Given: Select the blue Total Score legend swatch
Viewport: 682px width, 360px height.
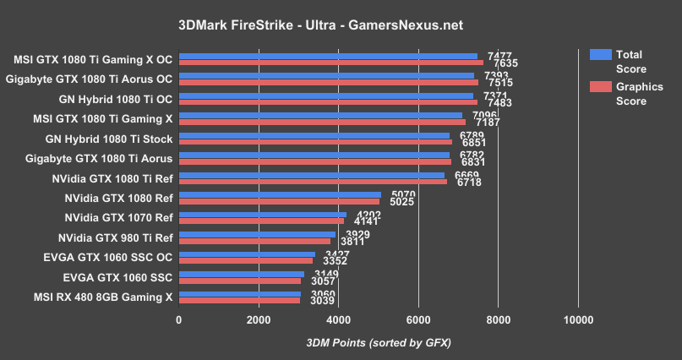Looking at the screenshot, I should coord(601,55).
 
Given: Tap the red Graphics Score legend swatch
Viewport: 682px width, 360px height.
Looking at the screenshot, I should coord(601,87).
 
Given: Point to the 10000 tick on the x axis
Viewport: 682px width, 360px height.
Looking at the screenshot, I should coord(578,319).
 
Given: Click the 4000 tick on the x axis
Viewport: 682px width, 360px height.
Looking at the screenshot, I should coord(338,319).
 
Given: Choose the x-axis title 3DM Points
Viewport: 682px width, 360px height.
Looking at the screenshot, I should coord(379,342).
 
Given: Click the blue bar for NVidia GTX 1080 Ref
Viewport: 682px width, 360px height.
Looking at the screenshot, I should coord(280,194).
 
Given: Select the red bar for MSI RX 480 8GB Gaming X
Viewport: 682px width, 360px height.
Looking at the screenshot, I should coord(239,300).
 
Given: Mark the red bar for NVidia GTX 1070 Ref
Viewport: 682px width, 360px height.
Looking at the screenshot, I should coord(261,221).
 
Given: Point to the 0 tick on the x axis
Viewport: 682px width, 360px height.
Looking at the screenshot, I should coord(178,319).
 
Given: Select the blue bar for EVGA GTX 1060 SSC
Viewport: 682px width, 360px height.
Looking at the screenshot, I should coord(242,273).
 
